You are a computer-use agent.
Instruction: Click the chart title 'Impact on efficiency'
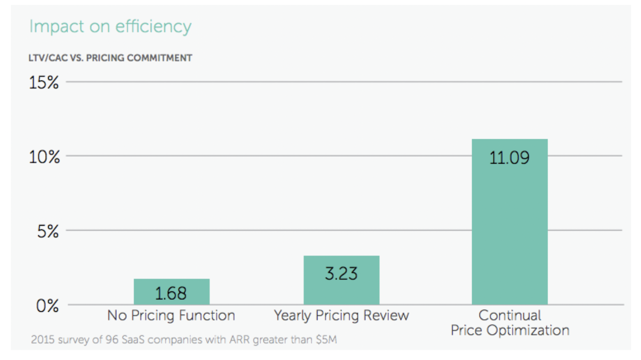[x=110, y=27]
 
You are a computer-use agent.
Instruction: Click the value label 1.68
[x=171, y=293]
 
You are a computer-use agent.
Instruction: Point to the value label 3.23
[x=341, y=273]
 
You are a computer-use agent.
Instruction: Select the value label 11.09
[x=509, y=158]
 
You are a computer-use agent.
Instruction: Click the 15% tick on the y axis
[x=44, y=82]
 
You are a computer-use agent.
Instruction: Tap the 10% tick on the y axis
[x=44, y=157]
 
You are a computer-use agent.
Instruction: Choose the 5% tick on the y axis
[x=48, y=231]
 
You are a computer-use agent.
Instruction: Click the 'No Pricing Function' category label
[x=171, y=315]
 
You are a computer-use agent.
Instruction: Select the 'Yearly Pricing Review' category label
[x=341, y=315]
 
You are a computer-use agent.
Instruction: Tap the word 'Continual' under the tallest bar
[x=510, y=315]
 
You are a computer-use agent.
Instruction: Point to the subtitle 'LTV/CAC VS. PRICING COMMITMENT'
[x=110, y=58]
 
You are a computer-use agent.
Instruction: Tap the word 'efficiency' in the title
[x=154, y=27]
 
